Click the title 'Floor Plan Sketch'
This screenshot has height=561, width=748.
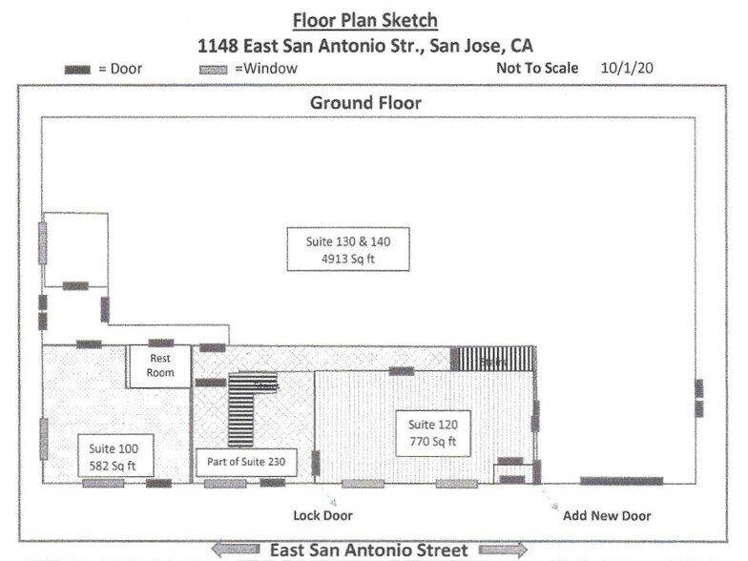pos(366,20)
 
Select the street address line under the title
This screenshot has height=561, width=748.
pos(366,45)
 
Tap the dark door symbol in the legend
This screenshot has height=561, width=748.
pos(77,70)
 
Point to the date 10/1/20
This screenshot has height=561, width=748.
pos(628,69)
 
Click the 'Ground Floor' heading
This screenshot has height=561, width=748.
pos(365,102)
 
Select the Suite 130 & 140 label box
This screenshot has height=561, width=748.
pos(348,249)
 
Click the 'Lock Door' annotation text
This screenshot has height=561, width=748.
pos(322,516)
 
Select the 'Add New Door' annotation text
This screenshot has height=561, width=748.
pos(607,516)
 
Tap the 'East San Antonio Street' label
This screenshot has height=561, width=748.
pos(368,550)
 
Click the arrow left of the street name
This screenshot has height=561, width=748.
pos(235,550)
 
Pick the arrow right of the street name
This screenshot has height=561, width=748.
pos(502,550)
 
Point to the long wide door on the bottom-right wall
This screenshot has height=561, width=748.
pos(621,481)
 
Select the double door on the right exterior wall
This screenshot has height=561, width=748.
pos(699,398)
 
